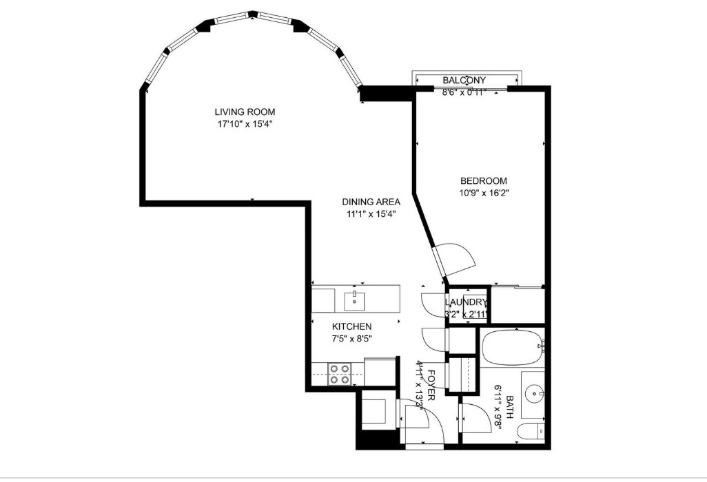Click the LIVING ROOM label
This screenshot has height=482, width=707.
point(245,112)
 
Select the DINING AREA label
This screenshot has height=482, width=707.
point(371,202)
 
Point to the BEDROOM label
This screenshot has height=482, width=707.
point(484,181)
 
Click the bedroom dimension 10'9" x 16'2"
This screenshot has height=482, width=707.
point(484,193)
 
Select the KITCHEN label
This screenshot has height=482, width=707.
point(352,326)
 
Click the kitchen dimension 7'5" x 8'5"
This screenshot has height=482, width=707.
point(352,338)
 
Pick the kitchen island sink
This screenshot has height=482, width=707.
point(355,300)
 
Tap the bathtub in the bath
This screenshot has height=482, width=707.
point(511,348)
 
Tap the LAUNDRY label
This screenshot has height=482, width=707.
point(467,303)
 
